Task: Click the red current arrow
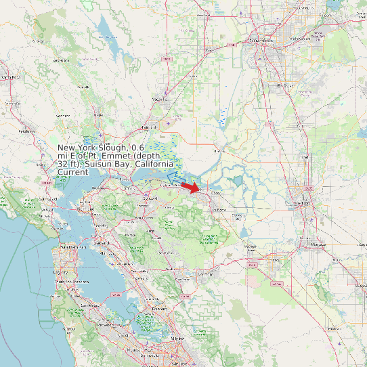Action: click(x=192, y=187)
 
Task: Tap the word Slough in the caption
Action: click(x=112, y=148)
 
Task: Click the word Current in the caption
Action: click(x=72, y=172)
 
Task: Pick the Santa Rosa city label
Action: click(x=11, y=78)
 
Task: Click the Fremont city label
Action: click(x=159, y=309)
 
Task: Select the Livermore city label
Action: click(x=204, y=274)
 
